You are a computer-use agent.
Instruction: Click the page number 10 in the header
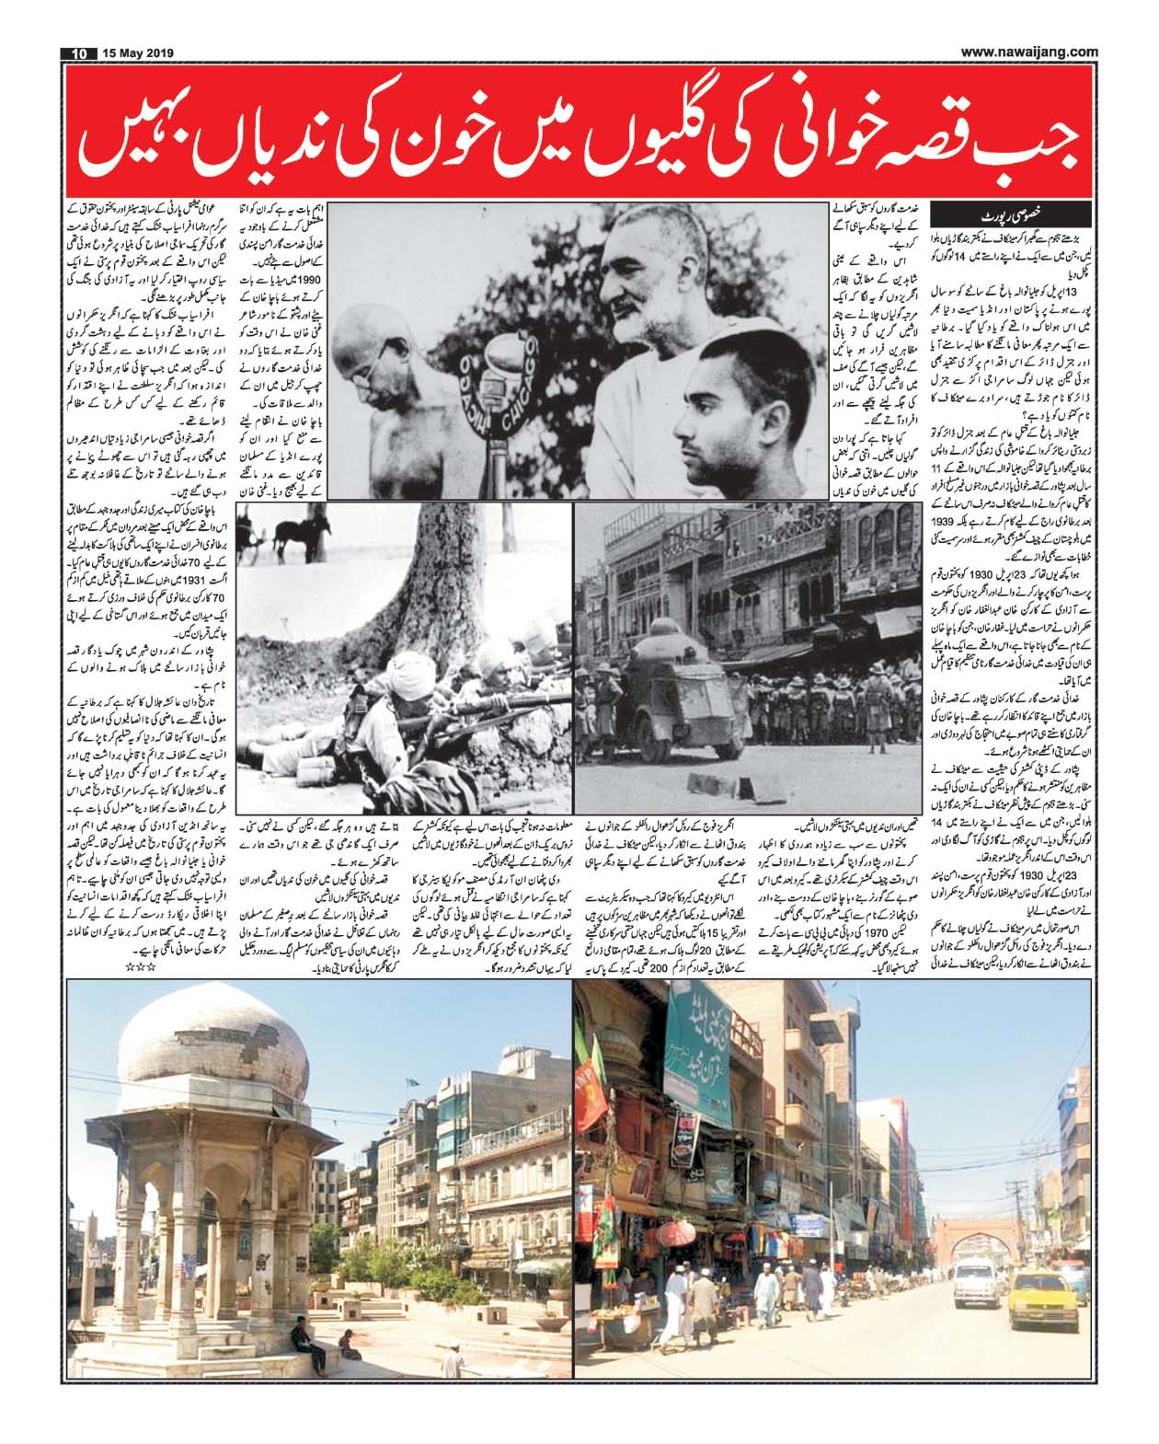coord(78,52)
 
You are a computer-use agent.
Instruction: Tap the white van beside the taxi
coord(977,1276)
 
